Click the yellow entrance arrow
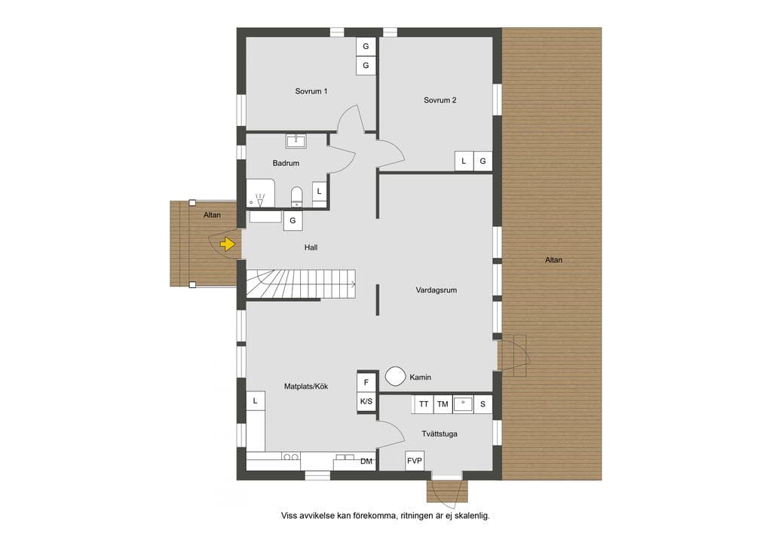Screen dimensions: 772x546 (x=227, y=244)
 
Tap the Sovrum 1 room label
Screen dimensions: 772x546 (x=311, y=91)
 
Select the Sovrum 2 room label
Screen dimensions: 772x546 (x=440, y=100)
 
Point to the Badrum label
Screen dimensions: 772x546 (x=286, y=163)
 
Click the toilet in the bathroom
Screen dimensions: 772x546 (x=296, y=196)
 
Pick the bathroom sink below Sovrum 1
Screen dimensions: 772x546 (x=296, y=141)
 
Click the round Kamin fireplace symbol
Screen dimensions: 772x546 (x=395, y=376)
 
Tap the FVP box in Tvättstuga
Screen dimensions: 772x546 (x=415, y=461)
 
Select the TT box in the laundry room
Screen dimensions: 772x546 (x=424, y=404)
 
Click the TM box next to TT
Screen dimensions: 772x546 (x=443, y=404)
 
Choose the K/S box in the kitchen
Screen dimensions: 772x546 (x=366, y=401)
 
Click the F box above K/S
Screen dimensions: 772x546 (x=366, y=382)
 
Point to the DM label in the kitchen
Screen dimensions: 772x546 (x=366, y=462)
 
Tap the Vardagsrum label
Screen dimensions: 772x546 (x=437, y=290)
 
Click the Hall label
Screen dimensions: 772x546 (x=311, y=247)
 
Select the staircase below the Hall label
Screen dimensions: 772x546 (x=301, y=284)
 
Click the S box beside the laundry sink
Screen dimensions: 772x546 (x=482, y=404)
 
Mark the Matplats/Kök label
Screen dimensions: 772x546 (x=306, y=386)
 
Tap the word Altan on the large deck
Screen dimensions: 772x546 (x=554, y=259)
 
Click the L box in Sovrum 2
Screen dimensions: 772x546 (x=464, y=161)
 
